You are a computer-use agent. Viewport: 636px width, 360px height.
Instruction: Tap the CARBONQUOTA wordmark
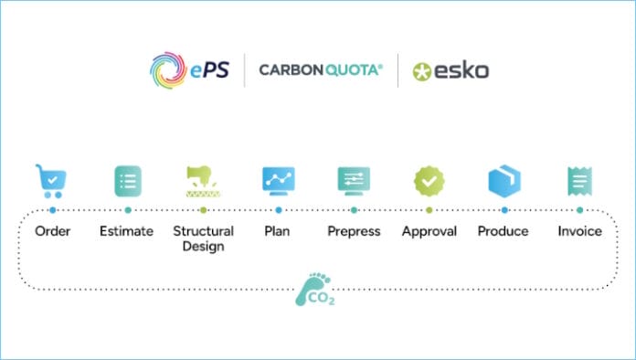tap(319, 69)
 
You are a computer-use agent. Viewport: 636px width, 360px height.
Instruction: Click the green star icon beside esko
tap(422, 71)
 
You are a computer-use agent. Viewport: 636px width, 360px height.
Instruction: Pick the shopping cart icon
tap(51, 181)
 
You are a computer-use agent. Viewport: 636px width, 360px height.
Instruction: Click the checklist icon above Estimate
tap(127, 181)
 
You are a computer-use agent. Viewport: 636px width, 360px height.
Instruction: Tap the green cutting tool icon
tap(203, 181)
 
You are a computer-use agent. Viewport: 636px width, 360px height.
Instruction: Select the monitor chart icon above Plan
tap(278, 181)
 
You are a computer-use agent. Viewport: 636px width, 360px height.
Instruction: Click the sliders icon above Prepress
tap(354, 181)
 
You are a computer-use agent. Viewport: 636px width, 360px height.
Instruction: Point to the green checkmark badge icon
tap(429, 181)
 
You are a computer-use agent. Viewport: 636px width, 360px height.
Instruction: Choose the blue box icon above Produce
tap(503, 181)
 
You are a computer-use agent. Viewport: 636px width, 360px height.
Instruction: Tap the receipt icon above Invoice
tap(579, 181)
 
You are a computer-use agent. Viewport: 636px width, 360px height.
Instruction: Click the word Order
tap(53, 231)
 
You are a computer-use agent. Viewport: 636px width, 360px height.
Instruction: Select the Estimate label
tap(126, 231)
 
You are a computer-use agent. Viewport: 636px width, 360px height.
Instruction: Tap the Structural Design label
tap(203, 238)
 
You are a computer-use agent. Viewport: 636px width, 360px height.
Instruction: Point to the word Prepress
tap(354, 231)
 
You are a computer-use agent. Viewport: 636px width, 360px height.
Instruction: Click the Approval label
tap(429, 231)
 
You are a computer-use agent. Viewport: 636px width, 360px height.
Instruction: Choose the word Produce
tap(503, 231)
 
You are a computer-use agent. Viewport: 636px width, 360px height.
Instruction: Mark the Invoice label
tap(579, 231)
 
